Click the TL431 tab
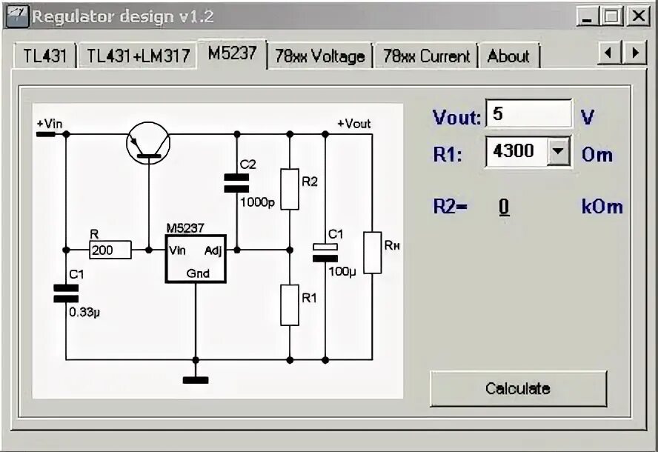43,56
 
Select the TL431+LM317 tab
138,56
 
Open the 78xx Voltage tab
320,56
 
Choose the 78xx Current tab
426,56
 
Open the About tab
508,56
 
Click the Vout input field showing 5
528,114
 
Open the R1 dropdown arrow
559,152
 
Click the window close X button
637,16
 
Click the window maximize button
612,16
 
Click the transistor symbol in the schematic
148,143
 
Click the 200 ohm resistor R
110,250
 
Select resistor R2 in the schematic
290,188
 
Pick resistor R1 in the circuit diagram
290,305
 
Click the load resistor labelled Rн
373,253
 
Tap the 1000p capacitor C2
236,183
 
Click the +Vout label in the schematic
353,124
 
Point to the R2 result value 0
504,207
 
